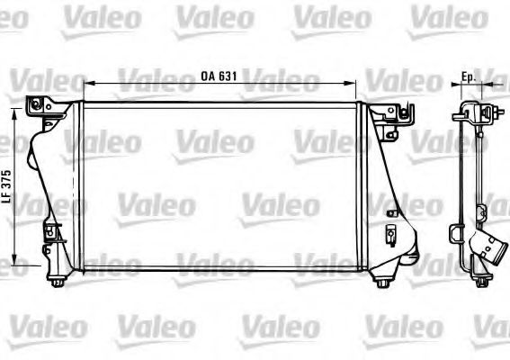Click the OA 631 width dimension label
(219, 76)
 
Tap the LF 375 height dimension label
(7, 187)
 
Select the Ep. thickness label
(469, 76)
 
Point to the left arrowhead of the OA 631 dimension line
(88, 84)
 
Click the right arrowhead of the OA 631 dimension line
(352, 84)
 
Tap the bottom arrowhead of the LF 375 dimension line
(14, 261)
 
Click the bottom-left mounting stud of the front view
(58, 282)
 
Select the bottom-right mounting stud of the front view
(382, 283)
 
